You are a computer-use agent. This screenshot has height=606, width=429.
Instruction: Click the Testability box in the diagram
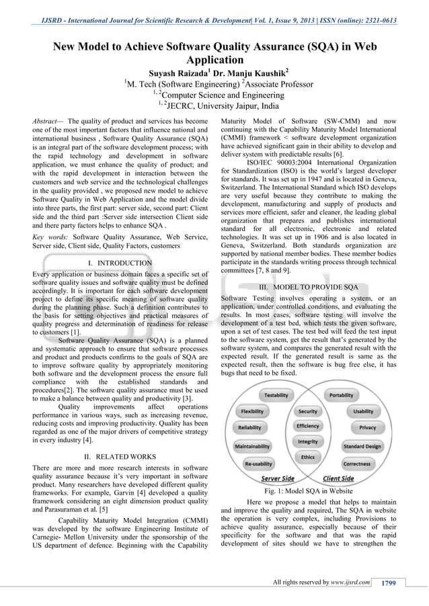[276, 395]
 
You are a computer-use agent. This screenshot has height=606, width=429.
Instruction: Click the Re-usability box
[259, 464]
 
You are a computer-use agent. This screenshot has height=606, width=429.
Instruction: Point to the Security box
[307, 411]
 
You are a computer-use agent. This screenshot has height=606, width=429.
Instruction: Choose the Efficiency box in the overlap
[307, 426]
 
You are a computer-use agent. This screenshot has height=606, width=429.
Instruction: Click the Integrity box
[307, 441]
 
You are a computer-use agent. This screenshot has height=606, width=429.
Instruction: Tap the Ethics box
[307, 457]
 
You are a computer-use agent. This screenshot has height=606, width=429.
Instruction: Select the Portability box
[341, 395]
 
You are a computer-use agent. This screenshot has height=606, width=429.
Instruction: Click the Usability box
[363, 411]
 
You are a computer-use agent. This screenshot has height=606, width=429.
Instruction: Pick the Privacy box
[367, 427]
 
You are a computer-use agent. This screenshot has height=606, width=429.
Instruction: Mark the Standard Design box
[362, 446]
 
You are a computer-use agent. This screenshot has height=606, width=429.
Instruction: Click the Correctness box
[356, 464]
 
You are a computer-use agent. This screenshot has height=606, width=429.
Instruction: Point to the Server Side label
[277, 478]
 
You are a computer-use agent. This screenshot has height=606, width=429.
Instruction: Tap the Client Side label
[339, 478]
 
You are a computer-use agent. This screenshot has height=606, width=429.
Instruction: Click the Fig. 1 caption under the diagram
[309, 491]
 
